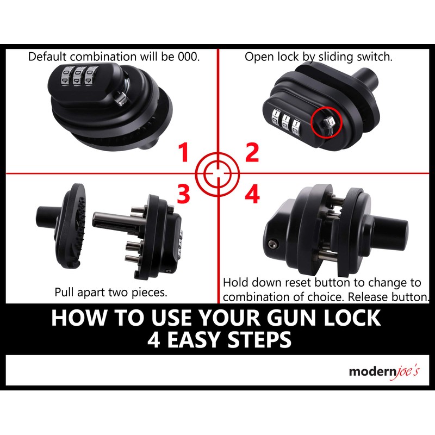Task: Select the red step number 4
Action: click(x=252, y=194)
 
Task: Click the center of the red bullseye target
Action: click(x=217, y=173)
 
